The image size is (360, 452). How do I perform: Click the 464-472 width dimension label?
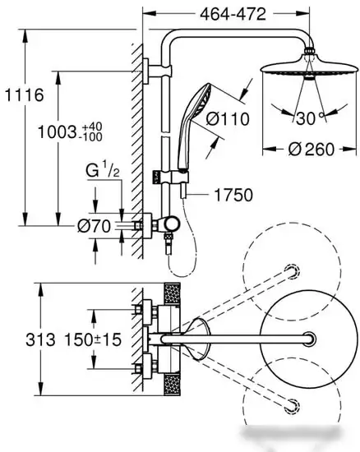point(233,14)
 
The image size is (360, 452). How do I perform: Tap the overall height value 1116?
point(25,95)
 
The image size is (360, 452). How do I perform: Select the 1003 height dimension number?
point(57,132)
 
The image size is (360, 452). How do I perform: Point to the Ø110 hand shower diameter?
point(228,119)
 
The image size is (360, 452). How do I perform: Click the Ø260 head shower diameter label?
point(311,149)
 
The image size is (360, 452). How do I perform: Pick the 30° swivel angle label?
point(310,118)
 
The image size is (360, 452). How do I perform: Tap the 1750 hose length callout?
point(233,195)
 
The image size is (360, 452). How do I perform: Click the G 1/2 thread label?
point(102,171)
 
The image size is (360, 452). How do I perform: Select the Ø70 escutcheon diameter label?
point(94,226)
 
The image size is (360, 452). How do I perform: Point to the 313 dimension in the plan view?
point(40,339)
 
